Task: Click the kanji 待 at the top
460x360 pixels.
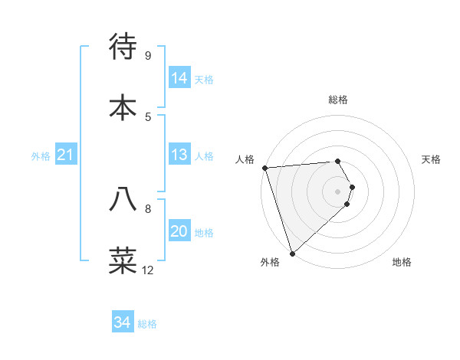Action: coord(123,47)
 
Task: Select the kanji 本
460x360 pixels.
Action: coord(123,106)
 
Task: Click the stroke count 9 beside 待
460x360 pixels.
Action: coord(147,56)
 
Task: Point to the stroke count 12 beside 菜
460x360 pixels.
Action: coord(148,270)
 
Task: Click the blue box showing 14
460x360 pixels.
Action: coord(179,78)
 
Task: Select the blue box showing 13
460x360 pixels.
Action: coord(179,155)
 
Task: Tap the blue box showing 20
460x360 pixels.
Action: coord(179,231)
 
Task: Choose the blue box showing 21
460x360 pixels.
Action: coord(66,155)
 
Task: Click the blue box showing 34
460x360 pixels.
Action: coord(123,322)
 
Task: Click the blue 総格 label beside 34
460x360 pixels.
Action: coord(147,324)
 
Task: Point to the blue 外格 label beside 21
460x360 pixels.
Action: coord(41,156)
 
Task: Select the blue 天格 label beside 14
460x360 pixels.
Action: coord(204,80)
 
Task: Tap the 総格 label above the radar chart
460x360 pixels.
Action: coord(338,100)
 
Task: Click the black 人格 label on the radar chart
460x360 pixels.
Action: coord(245,159)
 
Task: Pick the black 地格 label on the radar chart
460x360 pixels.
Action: coord(402,263)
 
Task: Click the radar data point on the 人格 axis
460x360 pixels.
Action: coord(264,168)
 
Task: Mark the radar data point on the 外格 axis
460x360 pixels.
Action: coord(292,253)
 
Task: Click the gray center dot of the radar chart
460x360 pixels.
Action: coord(338,191)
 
